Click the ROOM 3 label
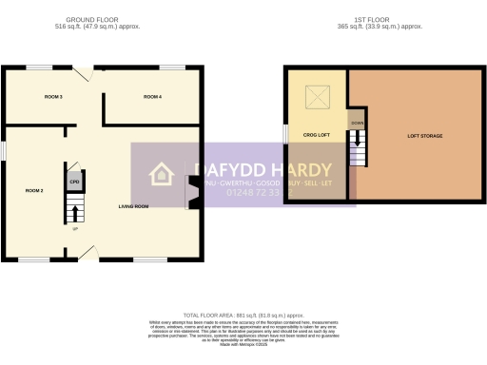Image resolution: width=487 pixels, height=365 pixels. [x=53, y=97]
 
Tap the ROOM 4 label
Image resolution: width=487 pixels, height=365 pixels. [x=152, y=97]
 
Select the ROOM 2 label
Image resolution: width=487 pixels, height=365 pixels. [x=34, y=190]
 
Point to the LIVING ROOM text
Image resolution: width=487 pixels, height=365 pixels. [x=133, y=206]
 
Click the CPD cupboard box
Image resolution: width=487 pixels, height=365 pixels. [x=74, y=179]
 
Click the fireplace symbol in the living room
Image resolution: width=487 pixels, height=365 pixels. [x=193, y=196]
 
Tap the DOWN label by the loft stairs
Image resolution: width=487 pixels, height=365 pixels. [x=357, y=124]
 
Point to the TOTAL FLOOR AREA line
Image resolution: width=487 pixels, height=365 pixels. [x=243, y=315]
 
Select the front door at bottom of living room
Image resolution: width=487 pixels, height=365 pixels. [x=88, y=252]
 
